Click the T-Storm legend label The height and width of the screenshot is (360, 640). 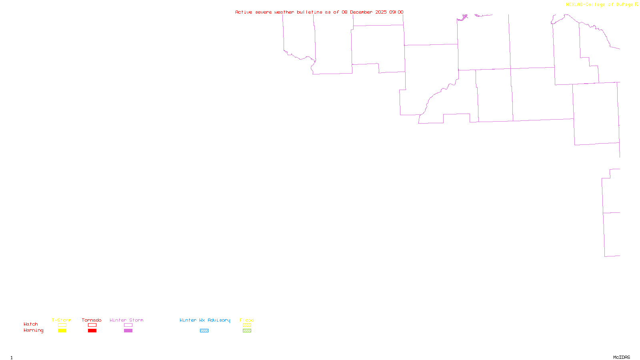62,320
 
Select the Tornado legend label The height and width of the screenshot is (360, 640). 92,320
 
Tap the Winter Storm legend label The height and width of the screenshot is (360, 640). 126,320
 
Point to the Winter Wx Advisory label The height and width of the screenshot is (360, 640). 205,320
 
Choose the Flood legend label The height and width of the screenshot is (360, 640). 247,320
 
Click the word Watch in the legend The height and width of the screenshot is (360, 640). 31,324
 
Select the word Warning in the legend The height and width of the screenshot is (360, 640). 33,330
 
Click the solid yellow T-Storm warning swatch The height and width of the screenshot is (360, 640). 62,331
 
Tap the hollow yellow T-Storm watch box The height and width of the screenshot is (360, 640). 62,325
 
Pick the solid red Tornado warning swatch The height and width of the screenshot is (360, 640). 92,331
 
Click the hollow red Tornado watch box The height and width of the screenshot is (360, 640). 92,325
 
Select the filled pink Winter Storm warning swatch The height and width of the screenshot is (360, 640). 128,331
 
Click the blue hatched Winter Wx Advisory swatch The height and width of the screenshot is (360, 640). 204,331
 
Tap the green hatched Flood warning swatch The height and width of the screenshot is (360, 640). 247,331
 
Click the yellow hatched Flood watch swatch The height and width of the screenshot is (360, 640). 247,325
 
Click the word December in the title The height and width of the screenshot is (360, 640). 361,12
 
